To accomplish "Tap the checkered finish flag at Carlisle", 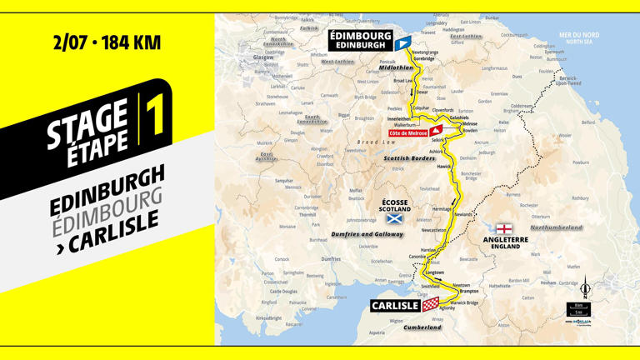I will coord(429,306).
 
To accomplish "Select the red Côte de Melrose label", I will coord(407,133).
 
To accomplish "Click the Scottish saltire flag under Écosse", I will coord(394,219).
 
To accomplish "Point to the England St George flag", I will coord(504,228).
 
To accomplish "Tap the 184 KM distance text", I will coord(131,42).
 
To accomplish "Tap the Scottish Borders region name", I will coord(409,157).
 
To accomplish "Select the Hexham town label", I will coord(547,282).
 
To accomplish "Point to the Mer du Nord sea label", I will coord(580,36).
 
